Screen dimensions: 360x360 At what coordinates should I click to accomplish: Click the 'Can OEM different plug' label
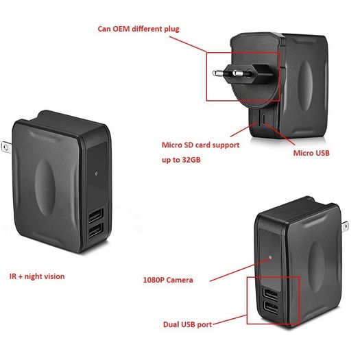click(x=139, y=29)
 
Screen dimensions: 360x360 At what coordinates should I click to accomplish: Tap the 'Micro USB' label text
click(x=311, y=153)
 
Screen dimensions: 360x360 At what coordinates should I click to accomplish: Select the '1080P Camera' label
click(x=168, y=280)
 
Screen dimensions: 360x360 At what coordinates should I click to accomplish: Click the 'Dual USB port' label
click(x=187, y=324)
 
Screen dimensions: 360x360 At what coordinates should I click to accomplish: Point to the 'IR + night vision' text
click(x=37, y=276)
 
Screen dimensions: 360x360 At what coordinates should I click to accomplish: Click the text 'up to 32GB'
click(x=181, y=160)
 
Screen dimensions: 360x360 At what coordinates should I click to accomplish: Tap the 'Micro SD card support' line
click(x=201, y=145)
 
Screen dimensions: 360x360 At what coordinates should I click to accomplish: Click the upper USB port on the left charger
click(x=95, y=215)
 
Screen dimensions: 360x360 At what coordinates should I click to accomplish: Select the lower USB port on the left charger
click(x=95, y=230)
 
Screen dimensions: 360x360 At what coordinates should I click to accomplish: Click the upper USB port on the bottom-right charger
click(x=271, y=294)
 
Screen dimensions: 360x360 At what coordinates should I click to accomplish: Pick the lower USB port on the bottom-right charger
click(x=271, y=308)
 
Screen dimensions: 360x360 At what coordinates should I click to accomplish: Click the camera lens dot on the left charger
click(x=96, y=173)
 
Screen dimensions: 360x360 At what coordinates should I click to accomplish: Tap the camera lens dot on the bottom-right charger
click(x=270, y=257)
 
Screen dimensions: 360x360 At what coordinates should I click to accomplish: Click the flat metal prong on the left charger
click(x=6, y=147)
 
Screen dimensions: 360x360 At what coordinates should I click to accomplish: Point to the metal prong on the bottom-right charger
click(x=345, y=226)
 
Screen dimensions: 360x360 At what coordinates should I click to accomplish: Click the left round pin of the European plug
click(x=218, y=73)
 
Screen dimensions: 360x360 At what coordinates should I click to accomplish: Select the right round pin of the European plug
click(x=238, y=73)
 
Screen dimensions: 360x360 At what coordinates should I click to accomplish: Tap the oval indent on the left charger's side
click(x=45, y=188)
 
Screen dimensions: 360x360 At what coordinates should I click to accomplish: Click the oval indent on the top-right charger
click(x=306, y=85)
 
